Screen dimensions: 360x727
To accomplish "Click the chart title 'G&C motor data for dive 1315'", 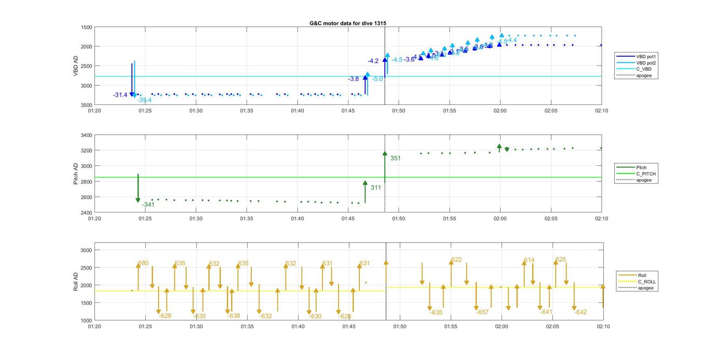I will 347,23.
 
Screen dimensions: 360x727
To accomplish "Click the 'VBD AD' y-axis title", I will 76,66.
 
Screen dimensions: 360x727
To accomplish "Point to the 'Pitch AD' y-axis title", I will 76,174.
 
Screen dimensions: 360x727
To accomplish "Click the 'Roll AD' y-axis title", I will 76,282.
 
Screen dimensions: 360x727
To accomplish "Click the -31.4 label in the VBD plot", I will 120,95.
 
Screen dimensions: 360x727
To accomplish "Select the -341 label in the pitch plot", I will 148,205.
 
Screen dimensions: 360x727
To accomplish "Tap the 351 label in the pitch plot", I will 395,158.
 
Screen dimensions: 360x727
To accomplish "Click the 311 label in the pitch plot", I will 376,188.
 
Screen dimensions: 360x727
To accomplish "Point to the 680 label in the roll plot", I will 143,263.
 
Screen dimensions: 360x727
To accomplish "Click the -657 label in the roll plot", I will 482,312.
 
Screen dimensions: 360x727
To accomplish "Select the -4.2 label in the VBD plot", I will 373,61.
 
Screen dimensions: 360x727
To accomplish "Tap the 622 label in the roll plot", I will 456,260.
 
